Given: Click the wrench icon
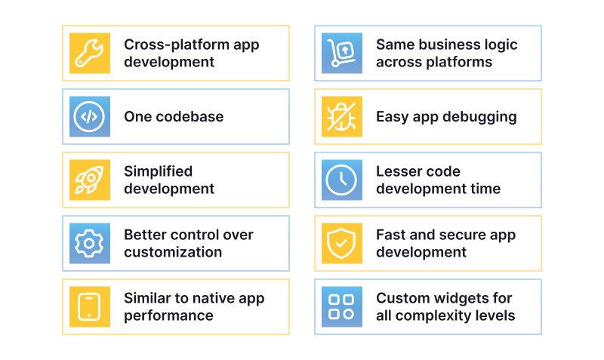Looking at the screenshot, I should click(x=89, y=53).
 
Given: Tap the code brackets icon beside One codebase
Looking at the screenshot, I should click(x=89, y=116).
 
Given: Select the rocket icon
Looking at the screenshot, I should click(x=89, y=180).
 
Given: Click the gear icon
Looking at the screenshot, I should click(x=89, y=243).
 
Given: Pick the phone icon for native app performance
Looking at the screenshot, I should click(x=89, y=306).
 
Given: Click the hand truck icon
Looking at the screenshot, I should click(x=341, y=53).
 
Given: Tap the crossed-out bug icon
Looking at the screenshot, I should click(x=341, y=116).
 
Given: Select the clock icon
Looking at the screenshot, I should click(x=341, y=180).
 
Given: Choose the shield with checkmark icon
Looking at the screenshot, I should click(x=341, y=243).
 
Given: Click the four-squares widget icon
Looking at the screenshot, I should click(x=341, y=306).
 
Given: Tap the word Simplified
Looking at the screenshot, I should click(x=158, y=171).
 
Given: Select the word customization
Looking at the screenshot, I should click(x=173, y=252).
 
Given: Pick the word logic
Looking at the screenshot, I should click(x=500, y=45).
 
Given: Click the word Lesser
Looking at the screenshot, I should click(x=397, y=171).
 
